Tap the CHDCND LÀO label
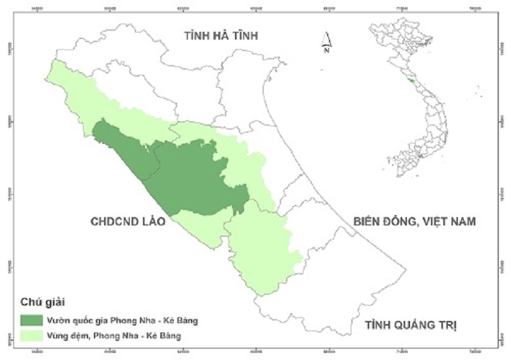point(128,221)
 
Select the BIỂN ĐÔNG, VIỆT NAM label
point(415,221)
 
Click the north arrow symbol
point(326,38)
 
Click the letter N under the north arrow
point(326,51)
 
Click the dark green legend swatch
point(31,319)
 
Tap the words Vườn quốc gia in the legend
point(70,319)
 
